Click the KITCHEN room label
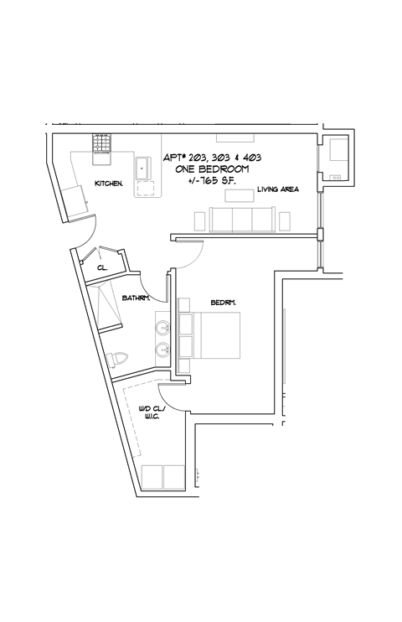coord(109,183)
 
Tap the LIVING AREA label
coord(278,189)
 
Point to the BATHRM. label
coord(135,298)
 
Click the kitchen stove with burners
coord(101,143)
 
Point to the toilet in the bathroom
coord(119,358)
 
